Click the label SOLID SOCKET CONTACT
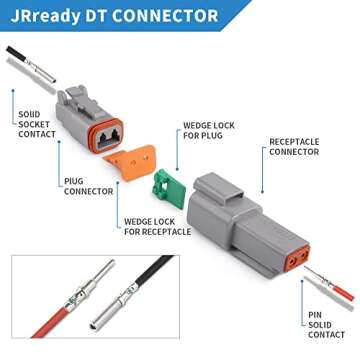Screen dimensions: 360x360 37,124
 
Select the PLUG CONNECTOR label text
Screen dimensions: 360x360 88,186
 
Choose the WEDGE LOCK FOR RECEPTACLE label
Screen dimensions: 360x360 157,226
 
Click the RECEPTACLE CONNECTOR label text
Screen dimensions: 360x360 296,148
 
